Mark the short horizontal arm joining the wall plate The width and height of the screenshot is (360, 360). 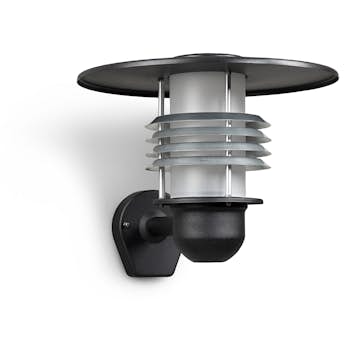(x=158, y=227)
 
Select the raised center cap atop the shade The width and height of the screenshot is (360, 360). (x=207, y=56)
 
